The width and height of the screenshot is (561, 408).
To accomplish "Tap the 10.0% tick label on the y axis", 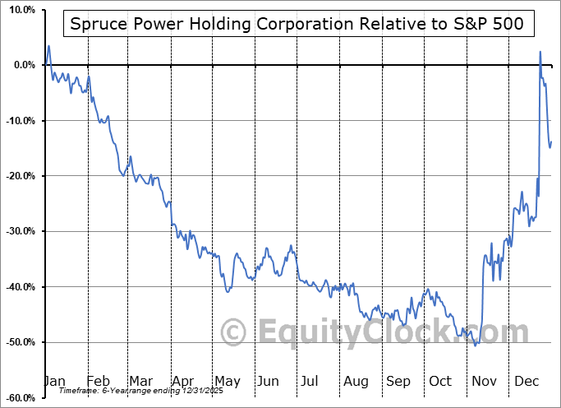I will (20, 10).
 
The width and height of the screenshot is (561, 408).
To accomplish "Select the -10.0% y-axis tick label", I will (19, 121).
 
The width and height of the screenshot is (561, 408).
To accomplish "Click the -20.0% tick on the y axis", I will (19, 176).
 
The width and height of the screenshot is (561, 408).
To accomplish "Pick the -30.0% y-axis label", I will (19, 231).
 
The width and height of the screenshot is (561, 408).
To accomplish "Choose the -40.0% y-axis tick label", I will (19, 287).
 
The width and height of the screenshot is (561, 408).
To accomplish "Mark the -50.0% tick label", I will (19, 342).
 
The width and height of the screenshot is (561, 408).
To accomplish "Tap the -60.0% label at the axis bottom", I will (19, 397).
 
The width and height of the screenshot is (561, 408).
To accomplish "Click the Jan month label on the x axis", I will (54, 381).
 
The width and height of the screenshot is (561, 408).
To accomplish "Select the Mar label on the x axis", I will (141, 381).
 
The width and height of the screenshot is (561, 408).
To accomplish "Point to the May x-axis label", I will (228, 381).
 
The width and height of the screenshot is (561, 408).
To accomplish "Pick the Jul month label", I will (310, 381).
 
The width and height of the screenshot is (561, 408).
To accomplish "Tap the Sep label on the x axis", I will (398, 381).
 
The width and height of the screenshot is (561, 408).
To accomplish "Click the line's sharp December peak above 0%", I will (540, 52).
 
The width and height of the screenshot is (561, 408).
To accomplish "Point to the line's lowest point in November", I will (476, 345).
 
